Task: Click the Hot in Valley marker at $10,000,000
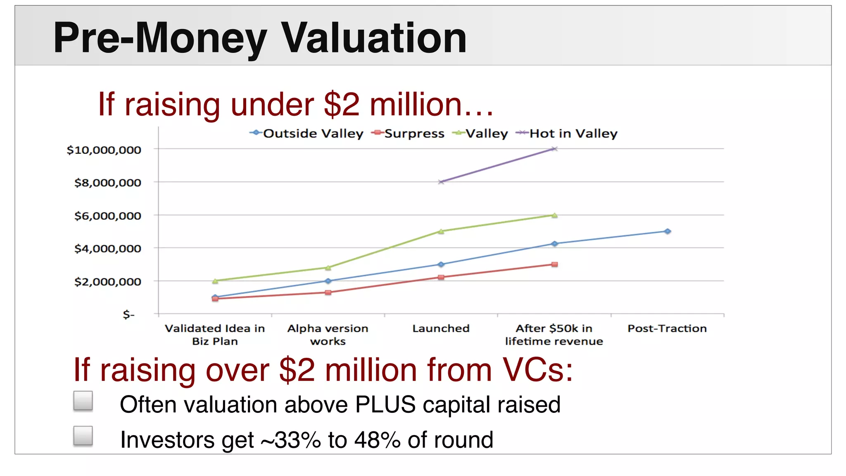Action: [x=554, y=149]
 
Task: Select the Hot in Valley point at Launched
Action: [x=441, y=182]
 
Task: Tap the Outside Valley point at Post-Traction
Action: [x=668, y=231]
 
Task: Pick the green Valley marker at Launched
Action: [x=441, y=231]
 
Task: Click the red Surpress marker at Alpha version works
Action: [x=328, y=293]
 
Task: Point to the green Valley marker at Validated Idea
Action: [x=215, y=281]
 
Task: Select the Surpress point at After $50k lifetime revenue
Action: [x=554, y=264]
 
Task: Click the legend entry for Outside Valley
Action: [x=307, y=133]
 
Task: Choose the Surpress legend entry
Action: [x=408, y=133]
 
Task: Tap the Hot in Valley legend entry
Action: [x=567, y=133]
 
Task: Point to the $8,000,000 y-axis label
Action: [x=107, y=183]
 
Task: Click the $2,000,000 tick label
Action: [x=107, y=282]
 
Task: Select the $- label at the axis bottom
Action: [x=128, y=315]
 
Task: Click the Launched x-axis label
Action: [x=441, y=328]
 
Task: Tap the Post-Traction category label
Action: [x=667, y=328]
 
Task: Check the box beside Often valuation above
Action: [x=83, y=401]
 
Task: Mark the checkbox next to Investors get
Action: [x=83, y=436]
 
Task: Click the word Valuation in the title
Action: [x=374, y=38]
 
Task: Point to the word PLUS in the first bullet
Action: [x=385, y=404]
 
